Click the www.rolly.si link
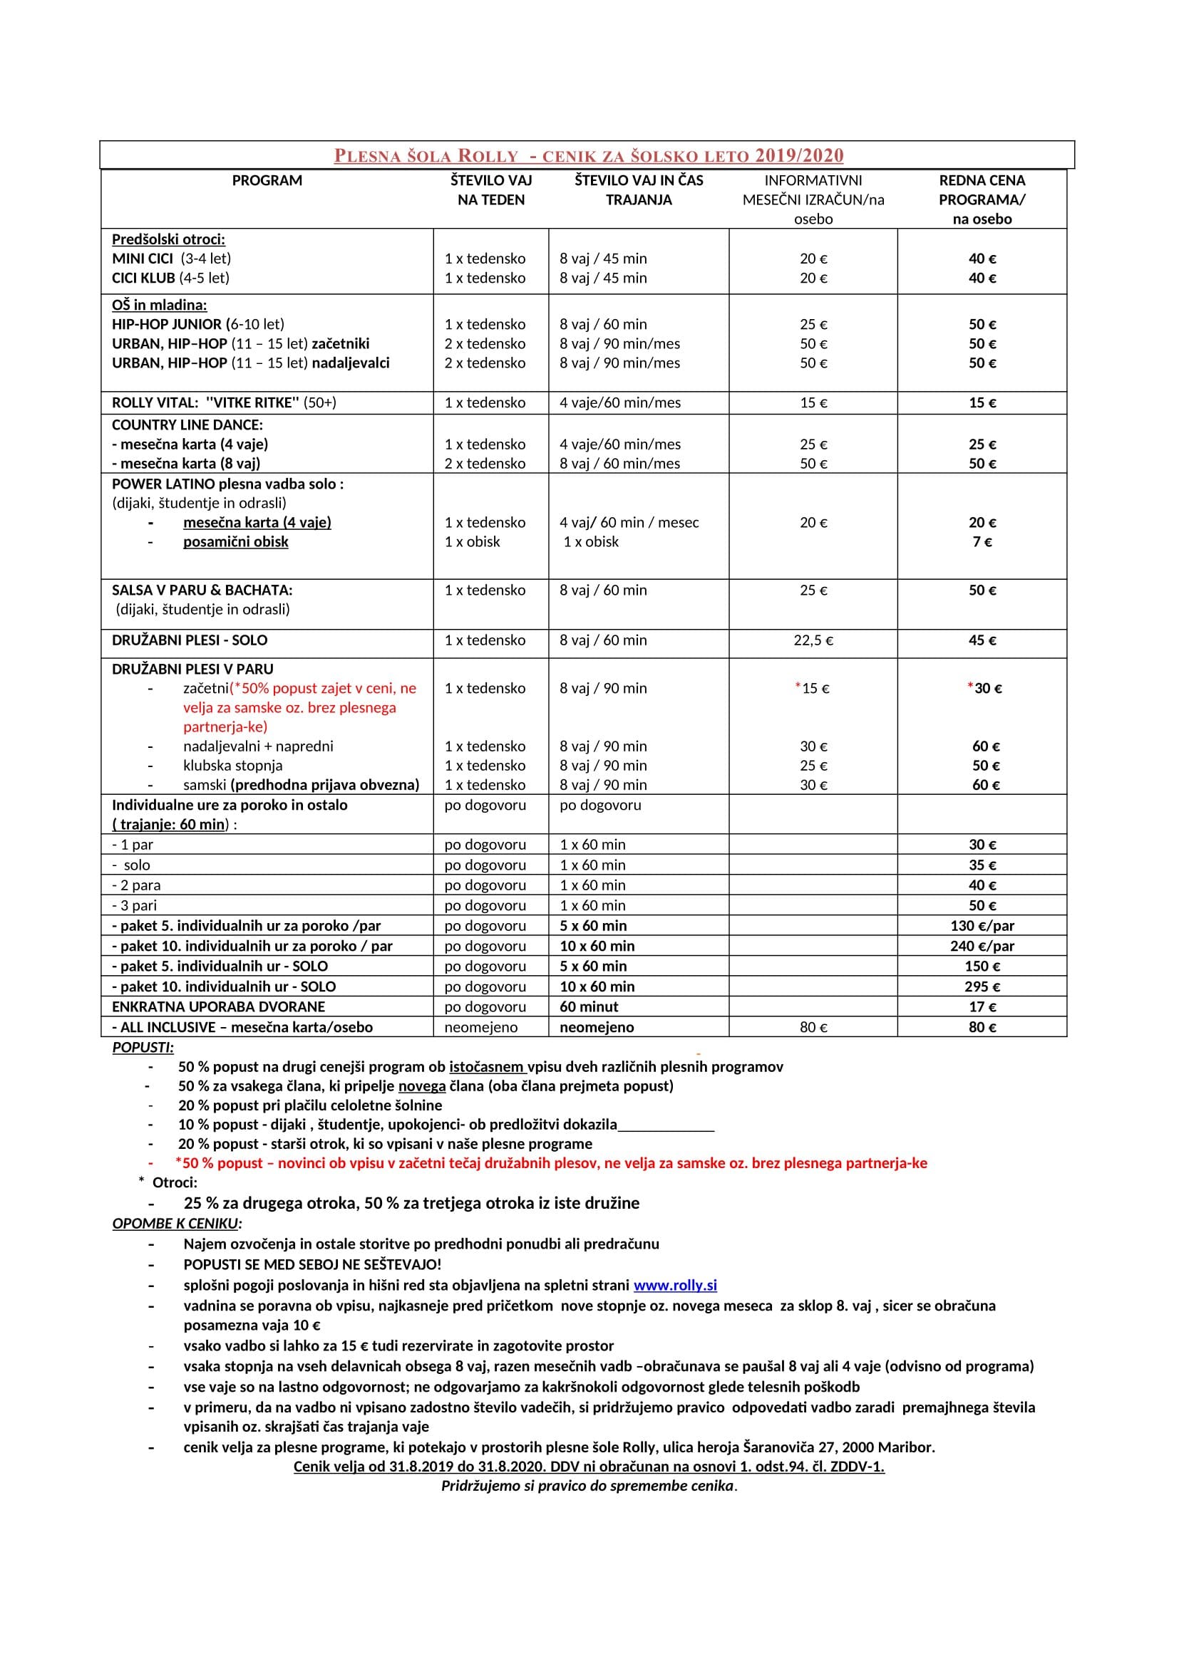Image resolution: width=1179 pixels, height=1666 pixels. pos(674,1285)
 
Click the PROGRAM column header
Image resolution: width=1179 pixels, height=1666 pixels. pos(267,181)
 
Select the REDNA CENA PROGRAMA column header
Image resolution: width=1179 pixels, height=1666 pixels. pos(982,199)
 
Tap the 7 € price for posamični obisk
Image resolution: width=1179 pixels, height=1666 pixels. pos(982,542)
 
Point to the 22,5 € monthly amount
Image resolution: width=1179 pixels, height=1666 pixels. pos(813,641)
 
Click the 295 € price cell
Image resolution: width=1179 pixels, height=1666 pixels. pos(982,986)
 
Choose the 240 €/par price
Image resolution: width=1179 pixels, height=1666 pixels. pos(982,946)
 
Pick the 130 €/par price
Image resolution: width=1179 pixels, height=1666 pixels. pos(982,926)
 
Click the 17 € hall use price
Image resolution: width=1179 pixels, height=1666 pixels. pos(982,1007)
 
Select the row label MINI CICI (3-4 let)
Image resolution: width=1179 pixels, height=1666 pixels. pos(171,259)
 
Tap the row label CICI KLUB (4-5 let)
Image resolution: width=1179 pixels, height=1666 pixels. pos(170,278)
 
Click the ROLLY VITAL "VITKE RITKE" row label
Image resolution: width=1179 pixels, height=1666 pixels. pos(224,402)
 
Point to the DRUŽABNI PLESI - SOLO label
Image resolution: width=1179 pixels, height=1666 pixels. pos(190,641)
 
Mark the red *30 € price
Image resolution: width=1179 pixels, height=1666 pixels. pos(984,689)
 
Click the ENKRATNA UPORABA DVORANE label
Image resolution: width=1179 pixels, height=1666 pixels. pos(219,1007)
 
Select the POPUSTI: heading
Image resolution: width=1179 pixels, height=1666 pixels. pos(143,1048)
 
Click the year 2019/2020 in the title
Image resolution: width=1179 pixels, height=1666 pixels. pos(798,155)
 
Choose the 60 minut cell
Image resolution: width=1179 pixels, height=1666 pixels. pos(589,1007)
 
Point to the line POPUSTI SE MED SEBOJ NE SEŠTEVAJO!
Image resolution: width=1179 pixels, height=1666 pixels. pos(312,1265)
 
